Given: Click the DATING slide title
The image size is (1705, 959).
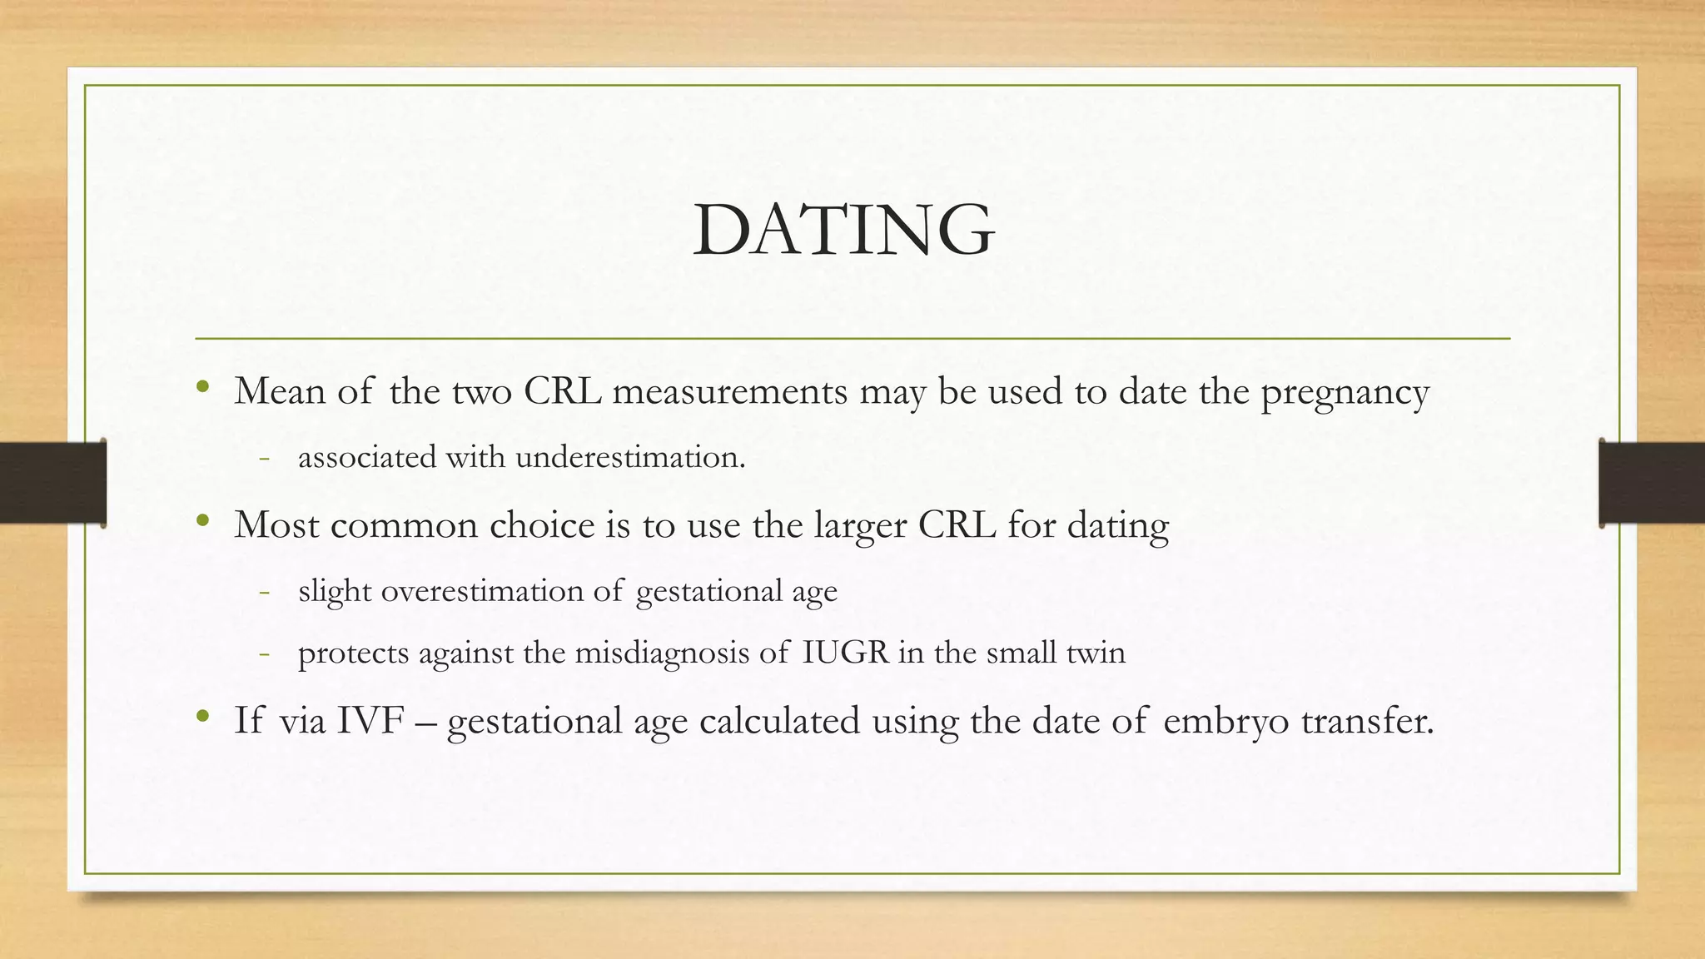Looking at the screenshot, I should point(843,230).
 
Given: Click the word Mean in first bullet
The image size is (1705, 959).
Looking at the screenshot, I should point(279,391).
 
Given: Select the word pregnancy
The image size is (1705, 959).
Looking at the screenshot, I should point(1345,393).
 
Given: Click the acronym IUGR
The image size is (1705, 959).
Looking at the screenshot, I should point(846,652).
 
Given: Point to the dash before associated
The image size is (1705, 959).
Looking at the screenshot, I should point(265,458).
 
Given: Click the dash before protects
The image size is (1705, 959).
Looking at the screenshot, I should point(265,653).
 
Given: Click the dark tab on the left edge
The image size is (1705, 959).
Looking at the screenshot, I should point(52,483).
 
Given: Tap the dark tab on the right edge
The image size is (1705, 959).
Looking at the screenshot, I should point(1652,483).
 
